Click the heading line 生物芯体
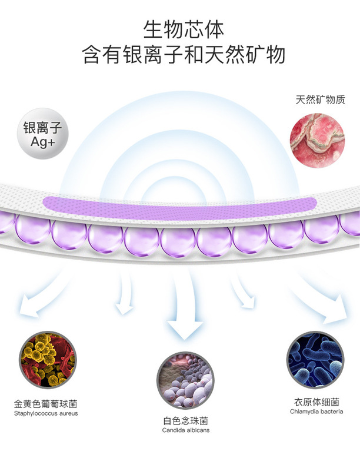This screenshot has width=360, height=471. coord(184,28)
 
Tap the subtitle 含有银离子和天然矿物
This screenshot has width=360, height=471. coord(184,54)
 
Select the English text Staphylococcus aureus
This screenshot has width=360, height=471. coord(45,414)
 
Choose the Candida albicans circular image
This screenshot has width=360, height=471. coord(186,380)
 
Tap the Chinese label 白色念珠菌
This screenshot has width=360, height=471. coord(186,421)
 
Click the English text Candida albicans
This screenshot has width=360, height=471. coord(186,431)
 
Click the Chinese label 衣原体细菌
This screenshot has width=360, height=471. coord(316,403)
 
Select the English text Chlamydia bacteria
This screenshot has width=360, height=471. coord(316,412)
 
